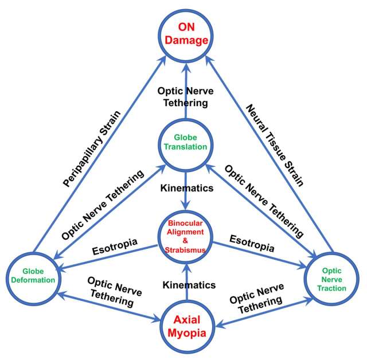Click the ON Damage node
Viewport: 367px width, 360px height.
[x=186, y=34]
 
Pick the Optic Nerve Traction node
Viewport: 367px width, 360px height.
[x=334, y=279]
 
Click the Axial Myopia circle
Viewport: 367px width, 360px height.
[x=186, y=326]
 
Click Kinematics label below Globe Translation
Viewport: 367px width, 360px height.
[x=186, y=187]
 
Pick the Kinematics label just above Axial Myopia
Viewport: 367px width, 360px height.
[x=189, y=284]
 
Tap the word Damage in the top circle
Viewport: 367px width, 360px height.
[x=186, y=41]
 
